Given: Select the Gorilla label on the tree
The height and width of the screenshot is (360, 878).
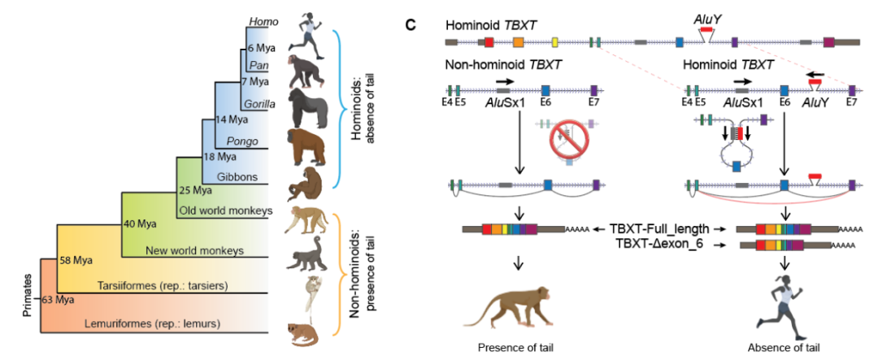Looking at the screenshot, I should [x=258, y=103].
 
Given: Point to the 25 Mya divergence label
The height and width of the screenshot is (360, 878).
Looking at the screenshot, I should [x=196, y=191].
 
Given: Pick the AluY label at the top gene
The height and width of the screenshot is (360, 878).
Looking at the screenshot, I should [x=703, y=15].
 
